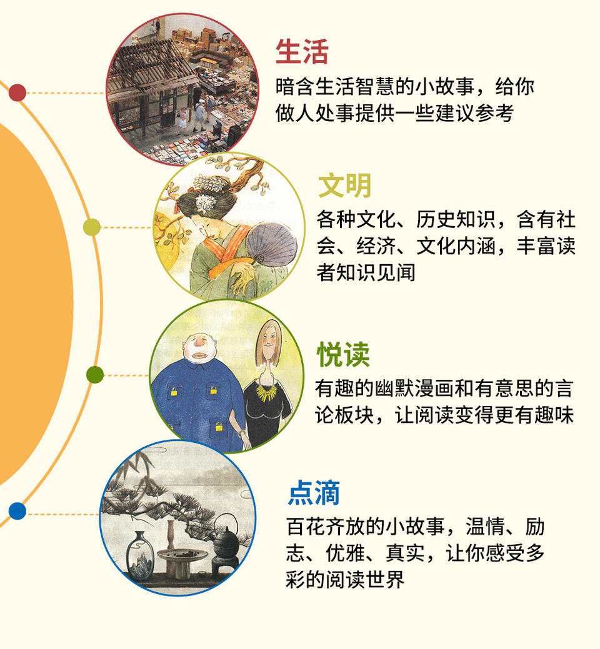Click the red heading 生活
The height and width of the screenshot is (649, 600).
coord(302,51)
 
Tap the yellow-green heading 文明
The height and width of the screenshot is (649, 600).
coord(344,186)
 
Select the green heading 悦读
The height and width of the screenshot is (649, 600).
coord(343,354)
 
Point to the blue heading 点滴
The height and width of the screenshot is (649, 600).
coord(314,493)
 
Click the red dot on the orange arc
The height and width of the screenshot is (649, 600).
coord(17,92)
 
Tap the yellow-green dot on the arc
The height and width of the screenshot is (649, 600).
coord(91,227)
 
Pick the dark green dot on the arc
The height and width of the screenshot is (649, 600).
coord(95,375)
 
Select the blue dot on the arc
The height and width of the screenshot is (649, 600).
coord(17,511)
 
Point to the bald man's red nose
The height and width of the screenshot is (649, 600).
coord(199,343)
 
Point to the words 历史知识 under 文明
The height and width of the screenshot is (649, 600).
coord(456,219)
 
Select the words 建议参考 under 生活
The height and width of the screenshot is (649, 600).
coord(475,113)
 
